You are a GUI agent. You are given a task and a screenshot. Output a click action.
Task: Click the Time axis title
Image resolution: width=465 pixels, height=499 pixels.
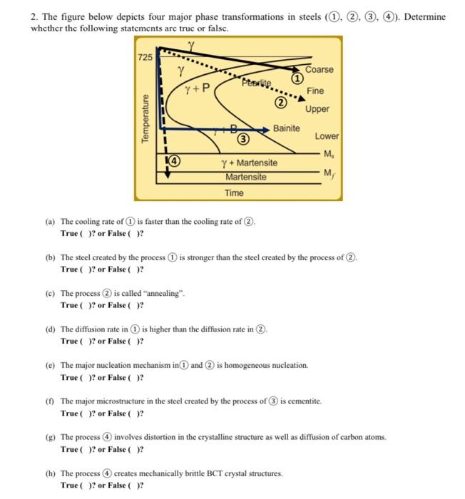point(234,193)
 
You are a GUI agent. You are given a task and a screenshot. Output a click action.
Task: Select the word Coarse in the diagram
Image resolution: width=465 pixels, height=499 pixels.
point(319,69)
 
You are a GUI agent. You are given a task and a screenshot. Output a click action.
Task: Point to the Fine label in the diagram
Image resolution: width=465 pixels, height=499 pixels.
point(315,91)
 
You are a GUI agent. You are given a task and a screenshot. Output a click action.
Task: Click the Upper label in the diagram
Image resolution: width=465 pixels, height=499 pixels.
point(317,109)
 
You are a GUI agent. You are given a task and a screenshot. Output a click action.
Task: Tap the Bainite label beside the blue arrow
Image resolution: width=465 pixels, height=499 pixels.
point(287,128)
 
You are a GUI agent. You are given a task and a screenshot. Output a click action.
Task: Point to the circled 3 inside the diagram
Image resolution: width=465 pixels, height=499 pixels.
point(242,138)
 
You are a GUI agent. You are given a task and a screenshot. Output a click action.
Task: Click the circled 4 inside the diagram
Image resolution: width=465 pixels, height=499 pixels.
point(173,161)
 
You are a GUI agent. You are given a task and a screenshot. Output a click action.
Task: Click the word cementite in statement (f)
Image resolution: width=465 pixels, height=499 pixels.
point(304,401)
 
